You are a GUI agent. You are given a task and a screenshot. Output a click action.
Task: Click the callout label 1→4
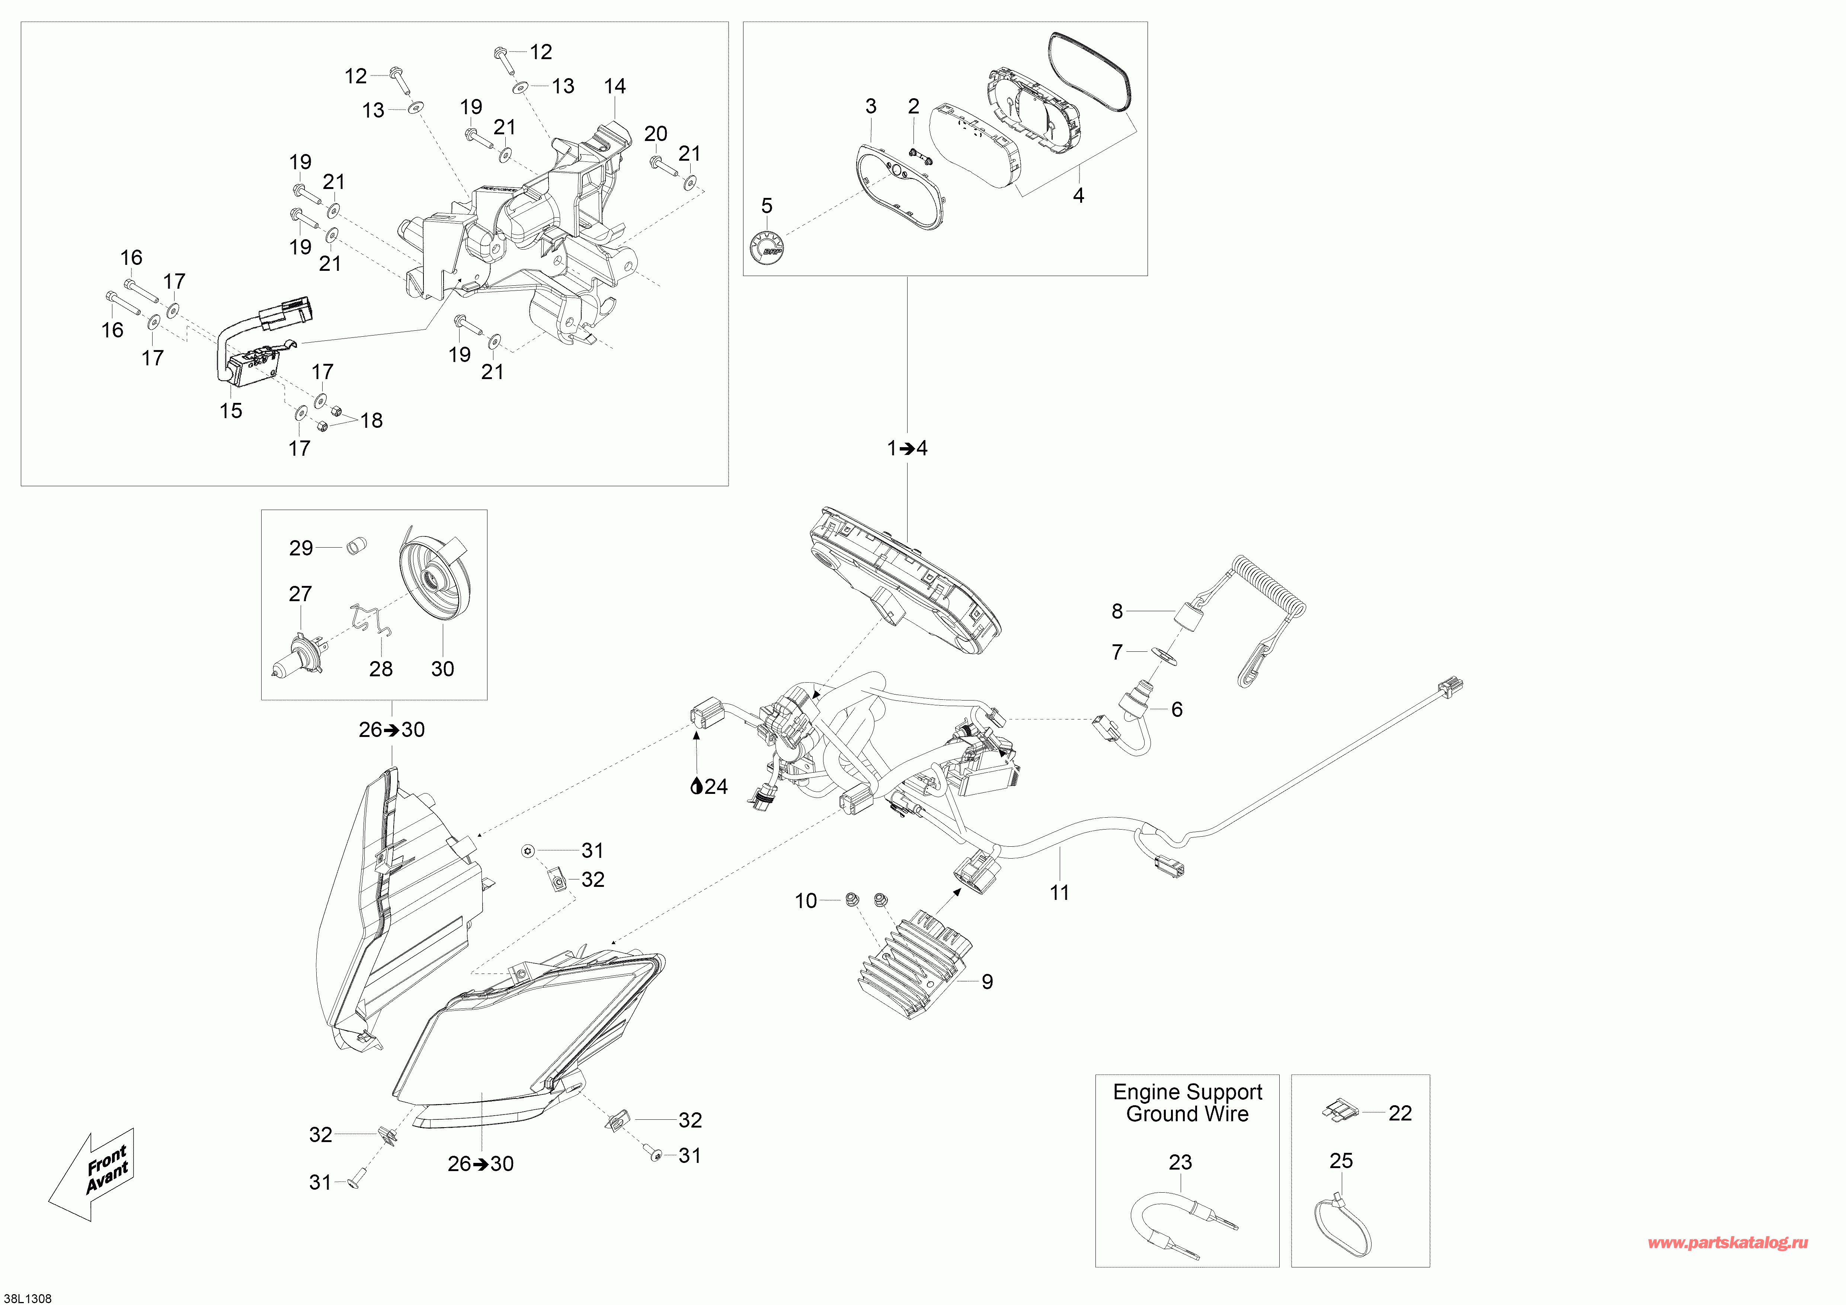(907, 448)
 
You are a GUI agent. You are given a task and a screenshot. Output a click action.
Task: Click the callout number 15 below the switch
(231, 411)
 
